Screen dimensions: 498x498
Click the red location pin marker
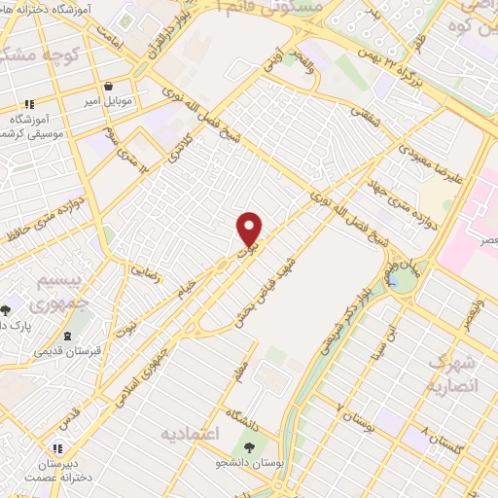pos(250,230)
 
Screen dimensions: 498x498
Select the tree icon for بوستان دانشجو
pos(252,448)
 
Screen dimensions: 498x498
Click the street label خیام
pos(184,285)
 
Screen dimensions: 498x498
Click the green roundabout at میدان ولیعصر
pos(400,281)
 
